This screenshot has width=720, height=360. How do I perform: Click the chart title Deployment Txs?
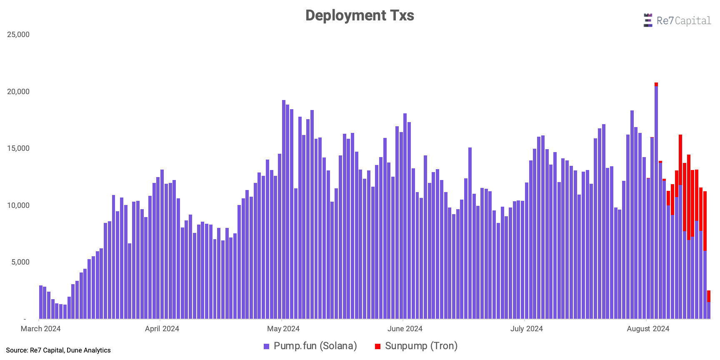[x=360, y=15]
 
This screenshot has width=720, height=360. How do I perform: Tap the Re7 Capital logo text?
[x=683, y=20]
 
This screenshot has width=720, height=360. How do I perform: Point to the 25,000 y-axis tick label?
[x=18, y=35]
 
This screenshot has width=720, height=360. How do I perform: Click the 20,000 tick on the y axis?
[x=18, y=92]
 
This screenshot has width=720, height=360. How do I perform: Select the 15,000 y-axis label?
[x=18, y=148]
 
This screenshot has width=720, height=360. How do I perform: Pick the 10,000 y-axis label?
[x=18, y=205]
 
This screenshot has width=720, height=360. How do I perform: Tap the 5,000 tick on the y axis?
[x=20, y=262]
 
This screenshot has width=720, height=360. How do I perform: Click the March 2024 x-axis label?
[x=40, y=329]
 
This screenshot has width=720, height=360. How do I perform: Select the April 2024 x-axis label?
[x=162, y=329]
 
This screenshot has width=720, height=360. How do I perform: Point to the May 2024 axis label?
[x=283, y=329]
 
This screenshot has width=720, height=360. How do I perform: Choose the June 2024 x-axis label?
[x=405, y=329]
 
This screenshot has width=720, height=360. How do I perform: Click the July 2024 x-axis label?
[x=526, y=329]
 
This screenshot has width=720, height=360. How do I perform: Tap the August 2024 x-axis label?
[x=648, y=329]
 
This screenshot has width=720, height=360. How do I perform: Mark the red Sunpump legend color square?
[x=377, y=346]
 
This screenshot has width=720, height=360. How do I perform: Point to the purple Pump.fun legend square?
[x=266, y=346]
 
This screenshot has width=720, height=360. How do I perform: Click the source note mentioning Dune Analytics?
[x=58, y=350]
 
